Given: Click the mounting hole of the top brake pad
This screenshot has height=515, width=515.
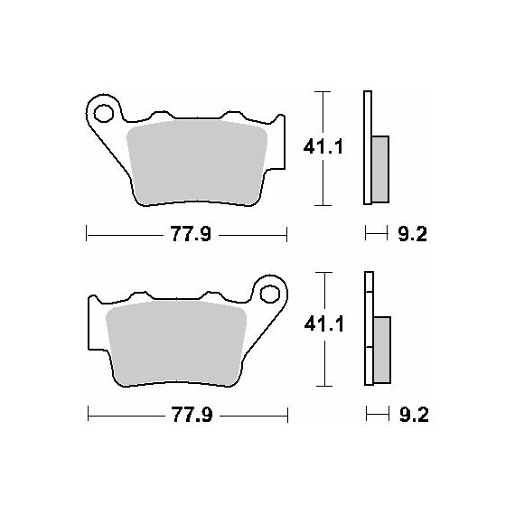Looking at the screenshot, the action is point(104,113).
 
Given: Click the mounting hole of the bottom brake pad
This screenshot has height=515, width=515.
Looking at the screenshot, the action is point(270,294).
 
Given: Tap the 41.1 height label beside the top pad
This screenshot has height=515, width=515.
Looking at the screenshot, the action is point(323,146).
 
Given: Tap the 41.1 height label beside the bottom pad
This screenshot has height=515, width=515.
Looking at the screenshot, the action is point(323,324).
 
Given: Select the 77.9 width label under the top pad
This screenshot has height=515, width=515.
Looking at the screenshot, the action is point(191,234).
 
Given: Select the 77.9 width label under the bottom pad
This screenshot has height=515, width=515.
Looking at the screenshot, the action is point(192,415).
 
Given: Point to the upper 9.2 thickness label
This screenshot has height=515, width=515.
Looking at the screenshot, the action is point(413,234).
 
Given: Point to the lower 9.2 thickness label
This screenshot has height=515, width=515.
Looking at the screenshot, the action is point(414,415).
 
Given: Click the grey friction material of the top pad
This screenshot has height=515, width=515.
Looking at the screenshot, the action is point(197,162).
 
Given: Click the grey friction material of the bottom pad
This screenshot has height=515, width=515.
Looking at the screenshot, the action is point(176,342).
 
